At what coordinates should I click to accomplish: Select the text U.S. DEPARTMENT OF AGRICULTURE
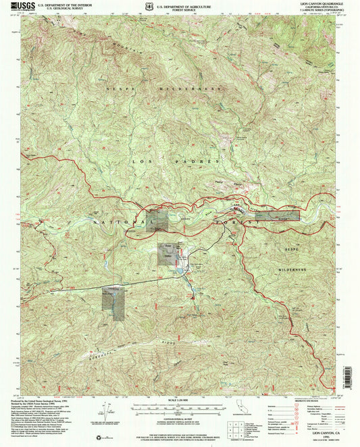point(184,4)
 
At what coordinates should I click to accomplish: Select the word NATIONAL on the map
point(119,222)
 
